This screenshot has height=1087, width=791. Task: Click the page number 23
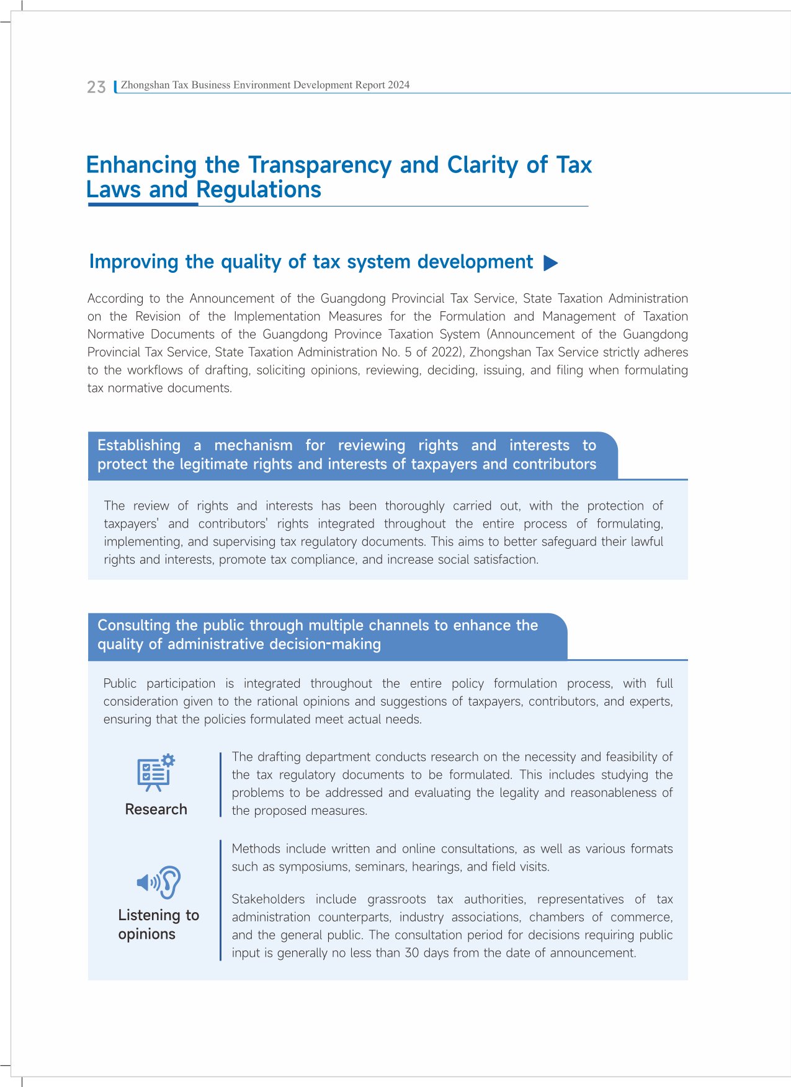(96, 87)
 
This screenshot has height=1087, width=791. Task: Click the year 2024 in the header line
(398, 85)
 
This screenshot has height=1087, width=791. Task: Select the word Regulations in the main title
(259, 190)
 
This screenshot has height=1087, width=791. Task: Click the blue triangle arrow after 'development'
(550, 263)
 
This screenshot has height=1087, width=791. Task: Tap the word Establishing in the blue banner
(139, 445)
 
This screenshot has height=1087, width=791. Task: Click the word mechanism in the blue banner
(253, 445)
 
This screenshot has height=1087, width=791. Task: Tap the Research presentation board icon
(156, 773)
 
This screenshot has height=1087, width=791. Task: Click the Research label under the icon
(156, 809)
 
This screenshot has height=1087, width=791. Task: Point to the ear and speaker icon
(159, 882)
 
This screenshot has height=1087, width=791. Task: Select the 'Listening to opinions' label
(158, 925)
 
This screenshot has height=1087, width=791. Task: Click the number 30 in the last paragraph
(412, 953)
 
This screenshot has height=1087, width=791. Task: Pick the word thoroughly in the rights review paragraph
(414, 506)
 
